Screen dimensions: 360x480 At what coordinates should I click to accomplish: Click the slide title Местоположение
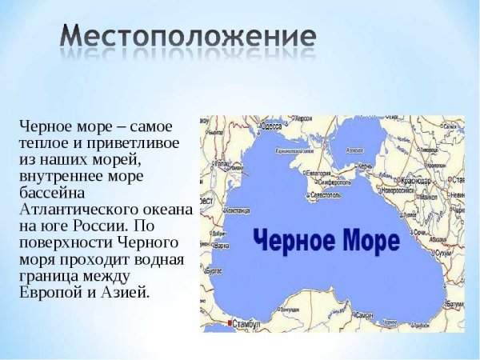tap(189, 38)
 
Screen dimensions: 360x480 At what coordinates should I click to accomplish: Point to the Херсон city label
tap(302, 119)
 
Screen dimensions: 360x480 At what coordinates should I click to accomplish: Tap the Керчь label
tap(366, 166)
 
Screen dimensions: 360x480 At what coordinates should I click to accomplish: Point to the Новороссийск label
tap(399, 192)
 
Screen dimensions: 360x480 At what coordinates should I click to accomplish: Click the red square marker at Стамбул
tap(230, 322)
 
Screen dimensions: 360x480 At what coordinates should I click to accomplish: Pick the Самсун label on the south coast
tap(364, 317)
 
